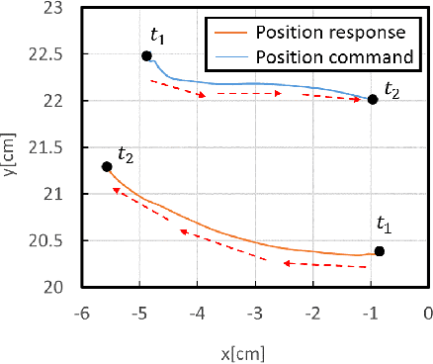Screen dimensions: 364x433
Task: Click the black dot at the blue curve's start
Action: (x=146, y=56)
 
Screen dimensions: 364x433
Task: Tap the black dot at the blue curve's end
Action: (x=372, y=100)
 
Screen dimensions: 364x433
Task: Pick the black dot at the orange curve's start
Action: (x=379, y=251)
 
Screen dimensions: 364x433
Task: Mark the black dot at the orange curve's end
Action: (x=107, y=167)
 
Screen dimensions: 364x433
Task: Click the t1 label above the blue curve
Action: (x=157, y=35)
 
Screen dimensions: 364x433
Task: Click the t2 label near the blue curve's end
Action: (x=393, y=89)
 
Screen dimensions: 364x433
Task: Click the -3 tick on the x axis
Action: (x=255, y=313)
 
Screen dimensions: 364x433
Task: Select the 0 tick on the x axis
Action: (x=427, y=313)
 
